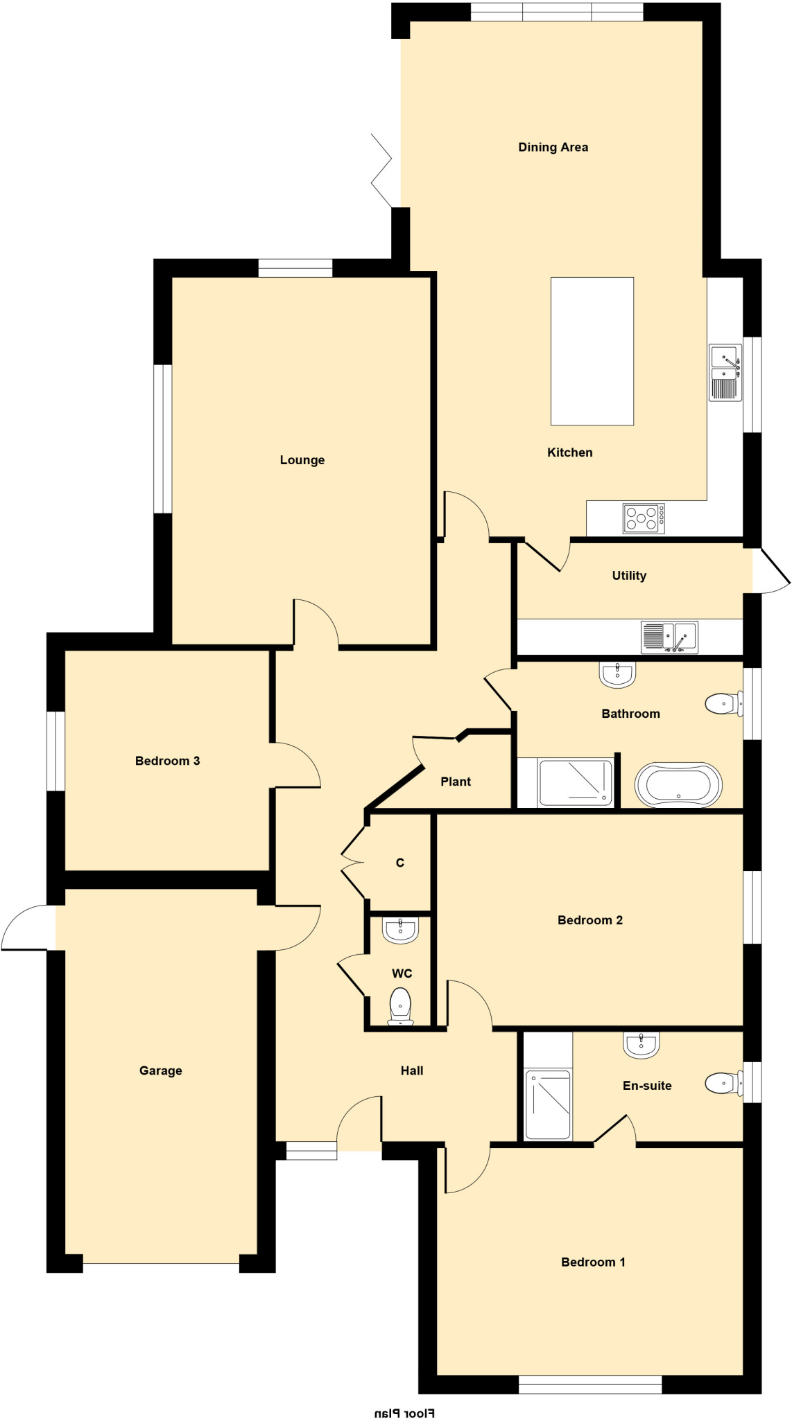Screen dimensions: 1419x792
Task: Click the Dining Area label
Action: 553,147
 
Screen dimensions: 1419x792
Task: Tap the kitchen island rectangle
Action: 592,351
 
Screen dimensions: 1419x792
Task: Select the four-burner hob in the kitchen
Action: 644,518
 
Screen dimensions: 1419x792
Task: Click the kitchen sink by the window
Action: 725,373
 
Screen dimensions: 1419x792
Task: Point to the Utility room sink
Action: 669,637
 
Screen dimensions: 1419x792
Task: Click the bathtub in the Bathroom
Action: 678,785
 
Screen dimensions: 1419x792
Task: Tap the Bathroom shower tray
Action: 576,783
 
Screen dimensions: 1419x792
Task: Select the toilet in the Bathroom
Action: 723,704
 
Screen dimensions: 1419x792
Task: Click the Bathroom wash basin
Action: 617,675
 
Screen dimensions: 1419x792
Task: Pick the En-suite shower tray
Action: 548,1104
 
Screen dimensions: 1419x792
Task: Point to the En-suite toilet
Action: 723,1083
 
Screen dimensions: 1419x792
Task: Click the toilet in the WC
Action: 401,1006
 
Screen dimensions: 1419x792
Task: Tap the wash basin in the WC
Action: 401,930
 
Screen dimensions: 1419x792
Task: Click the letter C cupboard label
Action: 399,863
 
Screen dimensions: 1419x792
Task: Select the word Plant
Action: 456,782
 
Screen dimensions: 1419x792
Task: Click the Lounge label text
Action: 302,460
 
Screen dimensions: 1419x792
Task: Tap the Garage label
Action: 160,1070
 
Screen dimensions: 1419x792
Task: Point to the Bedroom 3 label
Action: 167,761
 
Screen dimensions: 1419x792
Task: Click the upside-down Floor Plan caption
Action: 404,1412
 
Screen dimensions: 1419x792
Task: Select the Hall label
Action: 411,1070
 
